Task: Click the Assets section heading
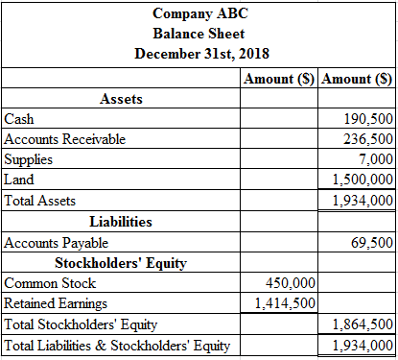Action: pos(121,98)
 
